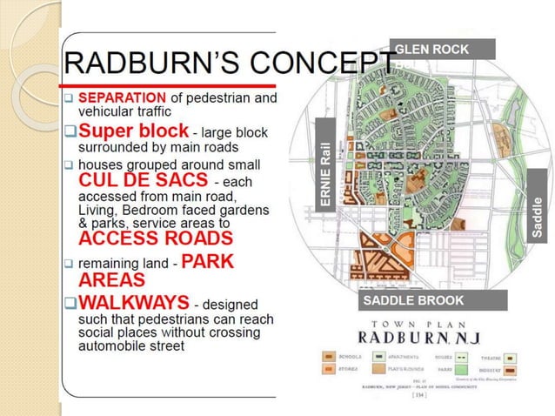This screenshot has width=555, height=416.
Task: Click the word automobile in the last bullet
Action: tap(111, 346)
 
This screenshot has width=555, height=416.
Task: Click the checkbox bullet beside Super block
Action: tap(70, 132)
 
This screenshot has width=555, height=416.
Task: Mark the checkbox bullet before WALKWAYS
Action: tap(70, 304)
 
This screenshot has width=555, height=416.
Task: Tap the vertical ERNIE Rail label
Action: tap(325, 174)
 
